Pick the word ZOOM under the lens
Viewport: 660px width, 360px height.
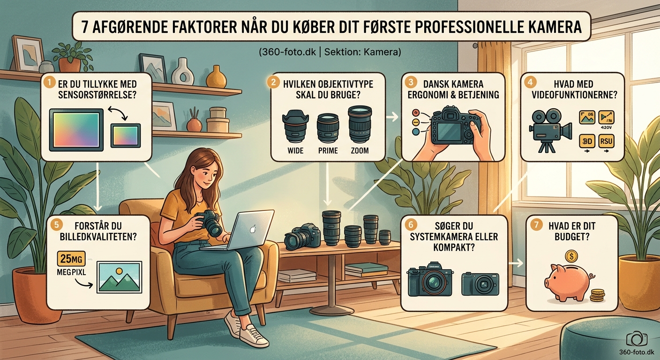[359, 151]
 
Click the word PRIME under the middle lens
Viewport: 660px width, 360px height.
[328, 151]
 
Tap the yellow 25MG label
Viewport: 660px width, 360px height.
[70, 259]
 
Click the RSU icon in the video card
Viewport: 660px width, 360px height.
[607, 140]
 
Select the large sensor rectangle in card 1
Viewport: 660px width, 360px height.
[76, 129]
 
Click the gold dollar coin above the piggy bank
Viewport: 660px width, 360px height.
[571, 256]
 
